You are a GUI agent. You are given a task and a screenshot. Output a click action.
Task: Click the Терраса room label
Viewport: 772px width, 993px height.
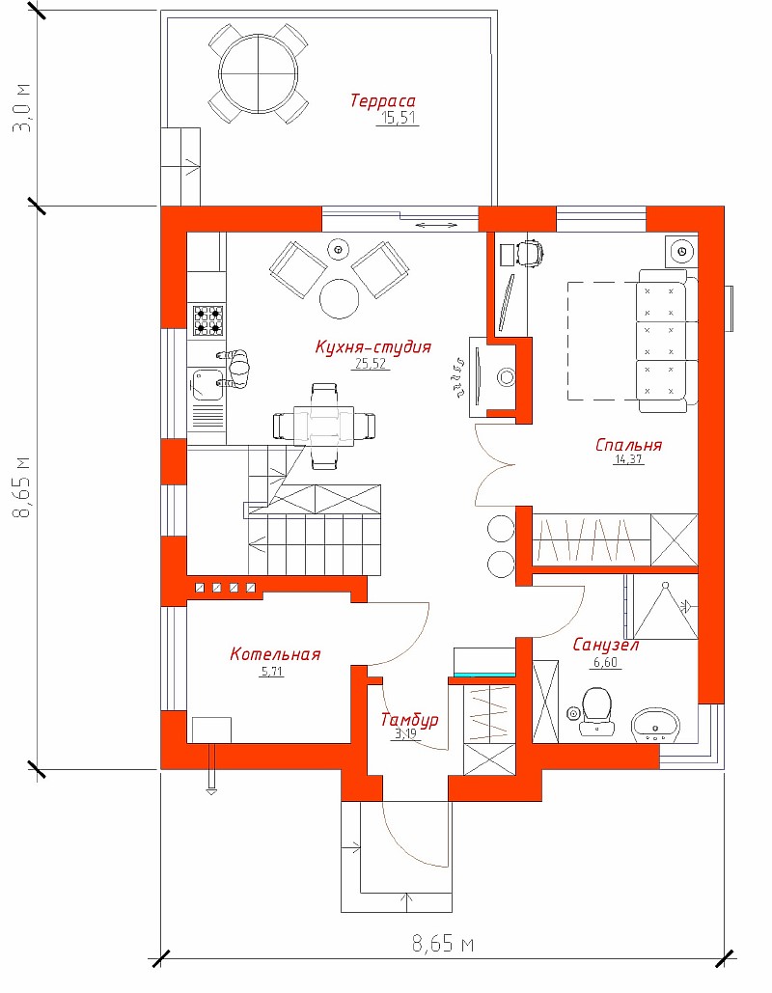point(382,100)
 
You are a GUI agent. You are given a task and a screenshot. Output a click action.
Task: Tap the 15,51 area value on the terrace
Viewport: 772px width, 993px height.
point(399,118)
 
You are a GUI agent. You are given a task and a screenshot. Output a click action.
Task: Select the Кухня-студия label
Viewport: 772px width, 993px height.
point(373,347)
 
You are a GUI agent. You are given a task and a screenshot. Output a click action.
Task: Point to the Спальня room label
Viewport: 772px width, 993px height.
point(628,445)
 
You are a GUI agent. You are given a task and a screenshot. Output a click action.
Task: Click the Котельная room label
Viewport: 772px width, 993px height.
point(275,654)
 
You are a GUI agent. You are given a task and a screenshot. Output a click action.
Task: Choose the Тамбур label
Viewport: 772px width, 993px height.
point(409,720)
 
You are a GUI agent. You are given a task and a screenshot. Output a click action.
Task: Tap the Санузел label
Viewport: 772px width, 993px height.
point(605,646)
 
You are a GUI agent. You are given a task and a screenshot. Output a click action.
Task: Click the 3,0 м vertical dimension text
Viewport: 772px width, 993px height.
point(25,108)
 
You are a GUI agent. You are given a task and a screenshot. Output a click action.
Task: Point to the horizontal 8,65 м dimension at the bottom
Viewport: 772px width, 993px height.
point(443,944)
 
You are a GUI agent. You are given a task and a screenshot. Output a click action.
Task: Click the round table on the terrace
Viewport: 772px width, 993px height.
point(259,74)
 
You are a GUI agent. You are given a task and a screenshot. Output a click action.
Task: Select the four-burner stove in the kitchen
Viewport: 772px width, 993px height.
point(207,319)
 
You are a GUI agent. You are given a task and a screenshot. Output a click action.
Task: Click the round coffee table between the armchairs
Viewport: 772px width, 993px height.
point(339,298)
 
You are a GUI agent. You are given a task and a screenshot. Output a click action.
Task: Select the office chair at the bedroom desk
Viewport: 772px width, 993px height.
point(530,254)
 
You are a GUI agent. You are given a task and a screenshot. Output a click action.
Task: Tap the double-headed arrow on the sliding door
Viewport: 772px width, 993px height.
point(436,224)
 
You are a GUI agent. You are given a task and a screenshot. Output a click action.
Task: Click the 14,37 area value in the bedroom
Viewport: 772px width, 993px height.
point(628,459)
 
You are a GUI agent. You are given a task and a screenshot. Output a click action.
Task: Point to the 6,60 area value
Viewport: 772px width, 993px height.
point(605,663)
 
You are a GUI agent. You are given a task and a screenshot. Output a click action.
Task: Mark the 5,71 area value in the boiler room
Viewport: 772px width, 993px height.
point(272,672)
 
